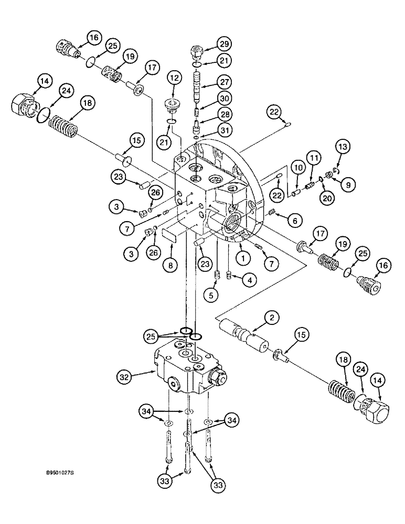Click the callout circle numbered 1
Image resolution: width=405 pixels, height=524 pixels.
coord(242,257)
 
